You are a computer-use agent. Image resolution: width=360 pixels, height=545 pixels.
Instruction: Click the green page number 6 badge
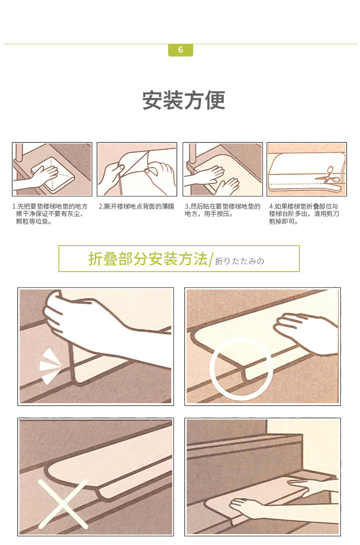point(180,50)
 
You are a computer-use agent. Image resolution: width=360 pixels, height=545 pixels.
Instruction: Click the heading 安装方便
point(184,100)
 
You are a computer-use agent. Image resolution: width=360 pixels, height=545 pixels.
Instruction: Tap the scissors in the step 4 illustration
point(329,177)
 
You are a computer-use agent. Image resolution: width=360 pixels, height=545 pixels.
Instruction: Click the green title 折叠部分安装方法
point(148,259)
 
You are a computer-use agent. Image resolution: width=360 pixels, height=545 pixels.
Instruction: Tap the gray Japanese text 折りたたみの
point(240,261)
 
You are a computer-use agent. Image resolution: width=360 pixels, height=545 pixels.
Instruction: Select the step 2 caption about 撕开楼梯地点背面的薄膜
point(136,206)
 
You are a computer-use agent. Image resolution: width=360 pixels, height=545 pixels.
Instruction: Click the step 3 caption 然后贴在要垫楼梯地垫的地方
point(222,210)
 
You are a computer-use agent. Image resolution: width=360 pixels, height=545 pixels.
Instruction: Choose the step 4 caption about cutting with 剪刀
point(303,214)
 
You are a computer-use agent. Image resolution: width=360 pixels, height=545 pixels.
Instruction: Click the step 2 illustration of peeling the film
point(137,169)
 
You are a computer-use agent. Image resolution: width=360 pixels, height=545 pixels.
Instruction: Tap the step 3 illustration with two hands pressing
point(223,169)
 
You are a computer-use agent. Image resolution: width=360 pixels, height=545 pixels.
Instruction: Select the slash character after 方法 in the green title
point(210,259)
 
